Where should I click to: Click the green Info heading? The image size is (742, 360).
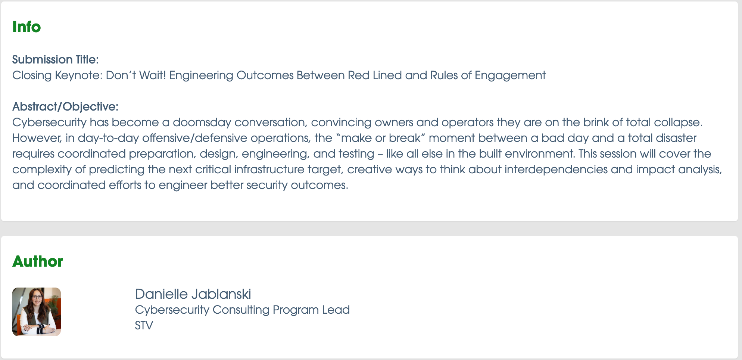(26, 27)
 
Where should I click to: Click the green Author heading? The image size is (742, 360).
(38, 261)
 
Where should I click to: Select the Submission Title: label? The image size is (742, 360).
(55, 59)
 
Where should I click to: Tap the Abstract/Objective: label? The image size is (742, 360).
(65, 106)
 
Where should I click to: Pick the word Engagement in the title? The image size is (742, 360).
(510, 75)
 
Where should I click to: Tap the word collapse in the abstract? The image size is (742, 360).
(676, 122)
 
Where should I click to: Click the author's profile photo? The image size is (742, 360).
(37, 312)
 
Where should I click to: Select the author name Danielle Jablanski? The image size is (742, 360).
(193, 294)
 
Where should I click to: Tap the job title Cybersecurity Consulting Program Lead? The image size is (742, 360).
(242, 310)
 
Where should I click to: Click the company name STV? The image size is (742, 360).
(144, 326)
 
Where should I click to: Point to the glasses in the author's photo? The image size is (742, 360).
(37, 298)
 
